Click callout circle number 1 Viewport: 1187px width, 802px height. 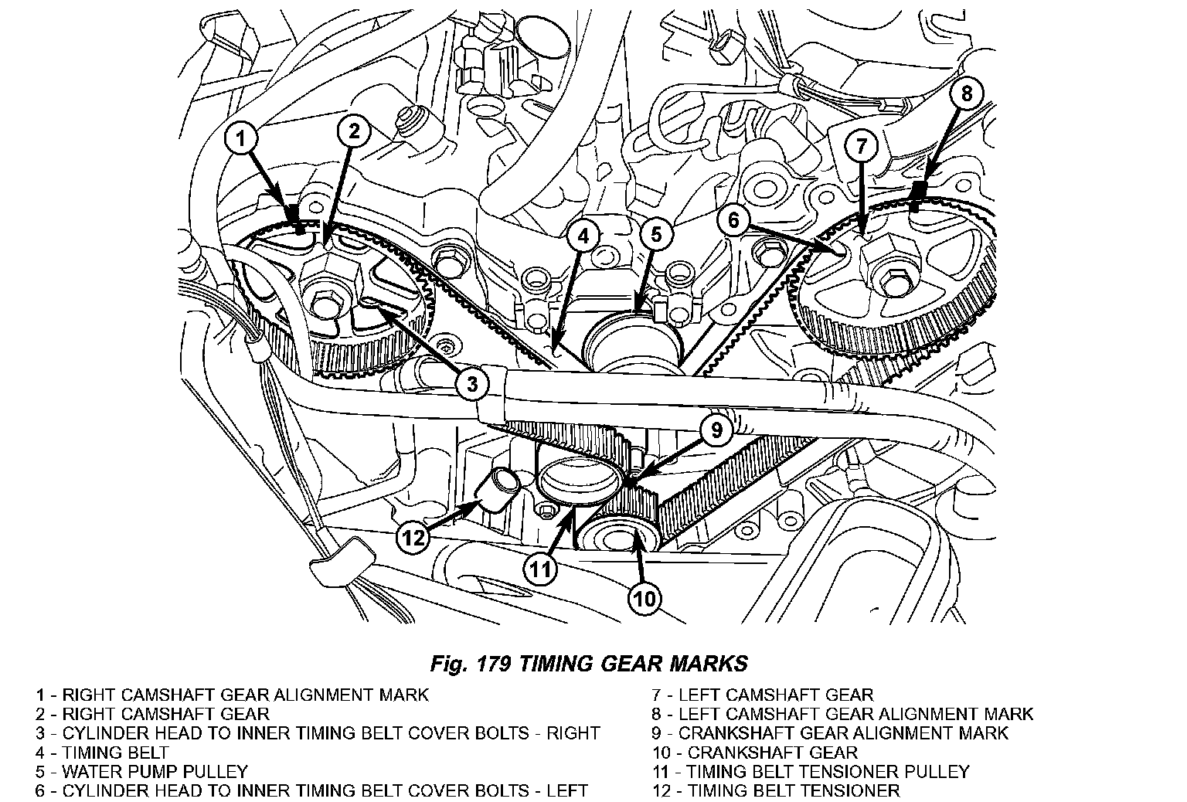click(242, 140)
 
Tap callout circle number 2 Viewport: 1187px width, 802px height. click(353, 132)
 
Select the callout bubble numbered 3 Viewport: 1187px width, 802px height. click(472, 382)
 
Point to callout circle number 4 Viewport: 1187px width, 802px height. click(583, 236)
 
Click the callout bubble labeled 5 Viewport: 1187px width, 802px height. click(655, 236)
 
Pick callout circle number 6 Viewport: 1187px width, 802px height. click(733, 220)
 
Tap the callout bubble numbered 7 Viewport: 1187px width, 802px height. click(861, 144)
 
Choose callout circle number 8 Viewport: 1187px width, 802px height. click(966, 94)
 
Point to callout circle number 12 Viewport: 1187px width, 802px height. click(413, 536)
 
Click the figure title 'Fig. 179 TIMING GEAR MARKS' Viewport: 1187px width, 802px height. click(589, 663)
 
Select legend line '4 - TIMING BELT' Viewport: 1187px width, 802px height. click(102, 752)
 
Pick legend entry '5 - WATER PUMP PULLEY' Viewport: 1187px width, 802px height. click(141, 771)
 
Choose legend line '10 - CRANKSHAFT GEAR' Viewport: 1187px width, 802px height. click(755, 752)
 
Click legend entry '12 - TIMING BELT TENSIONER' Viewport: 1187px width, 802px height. click(775, 790)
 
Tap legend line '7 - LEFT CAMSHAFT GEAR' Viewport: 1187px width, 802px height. click(763, 695)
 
